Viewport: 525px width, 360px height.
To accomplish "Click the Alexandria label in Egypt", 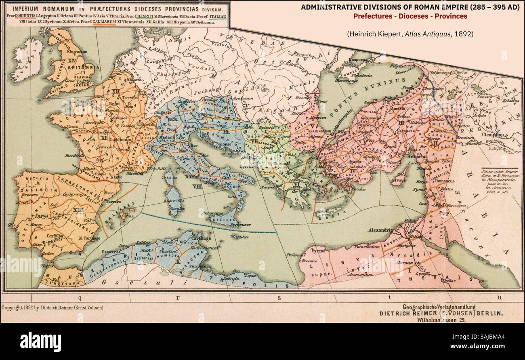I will point(380,230).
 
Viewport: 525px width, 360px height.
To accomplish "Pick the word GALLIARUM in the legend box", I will point(104,23).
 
